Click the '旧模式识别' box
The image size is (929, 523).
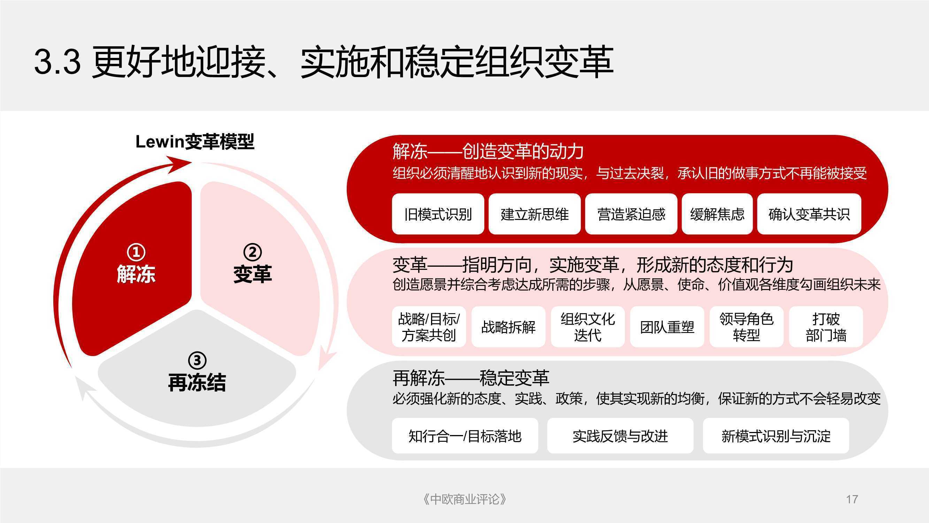pyautogui.click(x=438, y=214)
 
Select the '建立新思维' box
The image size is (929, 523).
pyautogui.click(x=535, y=214)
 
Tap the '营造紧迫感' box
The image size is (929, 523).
pyautogui.click(x=631, y=214)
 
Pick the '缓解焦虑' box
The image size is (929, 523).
pyautogui.click(x=717, y=214)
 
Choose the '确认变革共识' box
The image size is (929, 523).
pyautogui.click(x=809, y=214)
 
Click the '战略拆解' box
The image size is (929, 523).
pyautogui.click(x=508, y=327)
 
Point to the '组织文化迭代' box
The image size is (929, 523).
pyautogui.click(x=588, y=327)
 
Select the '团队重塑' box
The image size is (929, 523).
pyautogui.click(x=667, y=327)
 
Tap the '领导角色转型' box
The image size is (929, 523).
pyautogui.click(x=746, y=327)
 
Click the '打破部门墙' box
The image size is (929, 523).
pyautogui.click(x=826, y=327)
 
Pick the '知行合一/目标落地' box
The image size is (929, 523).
pyautogui.click(x=465, y=435)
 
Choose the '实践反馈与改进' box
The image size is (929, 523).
pyautogui.click(x=620, y=435)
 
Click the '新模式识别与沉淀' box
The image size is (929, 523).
pyautogui.click(x=776, y=435)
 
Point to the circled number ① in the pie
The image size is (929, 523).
pyautogui.click(x=136, y=252)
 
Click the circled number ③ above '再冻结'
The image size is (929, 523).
pyautogui.click(x=197, y=360)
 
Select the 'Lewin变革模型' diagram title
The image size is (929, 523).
pyautogui.click(x=195, y=142)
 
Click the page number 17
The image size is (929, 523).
pyautogui.click(x=852, y=500)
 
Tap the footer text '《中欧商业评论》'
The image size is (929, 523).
pyautogui.click(x=464, y=500)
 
